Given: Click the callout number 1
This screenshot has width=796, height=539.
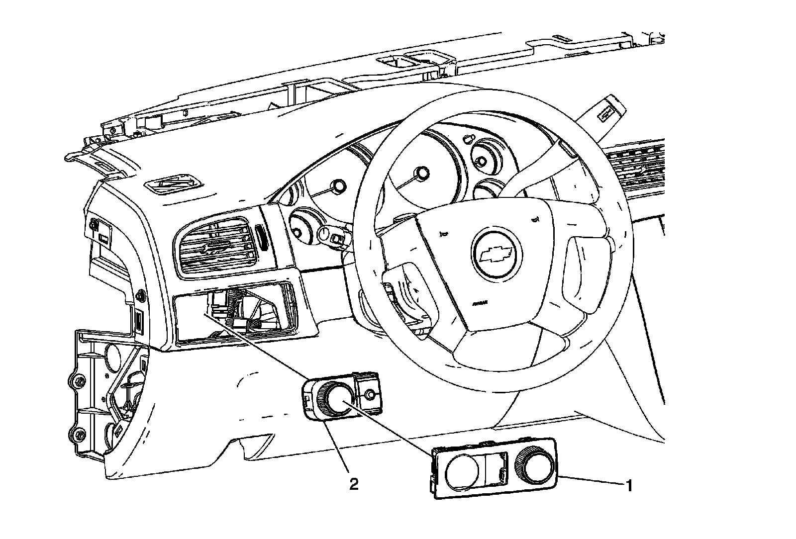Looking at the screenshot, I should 629,485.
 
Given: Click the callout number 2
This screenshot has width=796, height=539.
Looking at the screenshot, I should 354,484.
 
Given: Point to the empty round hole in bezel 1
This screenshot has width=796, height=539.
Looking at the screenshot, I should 461,470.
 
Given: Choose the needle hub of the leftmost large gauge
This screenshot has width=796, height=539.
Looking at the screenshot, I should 339,186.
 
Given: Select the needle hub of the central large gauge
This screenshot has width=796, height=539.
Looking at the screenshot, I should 423,173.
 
